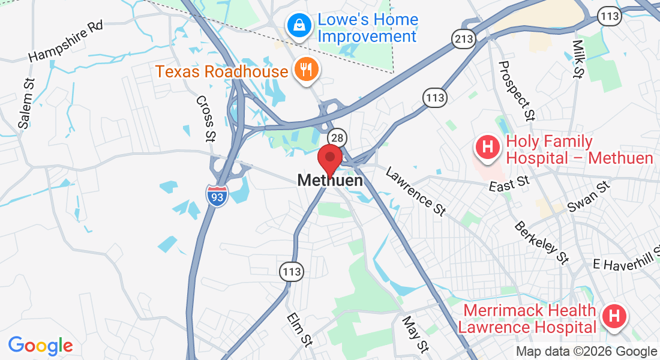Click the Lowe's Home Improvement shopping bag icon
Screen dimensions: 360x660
pos(297,25)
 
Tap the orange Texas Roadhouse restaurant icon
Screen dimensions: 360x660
pos(306,70)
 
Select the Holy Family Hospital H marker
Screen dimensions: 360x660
pos(487,147)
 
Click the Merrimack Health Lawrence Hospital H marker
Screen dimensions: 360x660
pos(614,316)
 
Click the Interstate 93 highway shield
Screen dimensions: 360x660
pos(217,196)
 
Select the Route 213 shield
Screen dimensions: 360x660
pos(464,40)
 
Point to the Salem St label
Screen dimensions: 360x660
pos(27,103)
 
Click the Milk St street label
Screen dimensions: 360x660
pos(578,59)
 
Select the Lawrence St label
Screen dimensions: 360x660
pos(416,191)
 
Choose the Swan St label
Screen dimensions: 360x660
pos(588,197)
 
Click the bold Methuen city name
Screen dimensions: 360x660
pos(330,180)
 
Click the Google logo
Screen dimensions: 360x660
pos(40,346)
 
